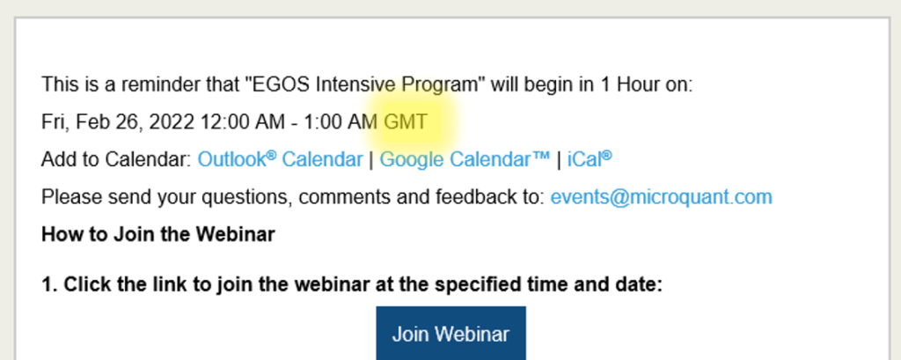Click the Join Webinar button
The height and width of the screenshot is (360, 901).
tap(450, 334)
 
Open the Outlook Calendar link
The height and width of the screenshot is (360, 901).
tap(280, 159)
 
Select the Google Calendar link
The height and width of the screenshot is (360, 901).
tap(465, 159)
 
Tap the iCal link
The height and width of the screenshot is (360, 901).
tap(590, 159)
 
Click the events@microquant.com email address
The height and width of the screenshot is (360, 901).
tap(662, 197)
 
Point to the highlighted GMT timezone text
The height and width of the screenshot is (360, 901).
tap(406, 122)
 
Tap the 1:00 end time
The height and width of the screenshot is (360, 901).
tap(324, 122)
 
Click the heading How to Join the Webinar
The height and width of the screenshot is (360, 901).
tap(158, 235)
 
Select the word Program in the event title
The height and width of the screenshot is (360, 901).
tap(439, 85)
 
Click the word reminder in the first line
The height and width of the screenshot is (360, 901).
tap(158, 84)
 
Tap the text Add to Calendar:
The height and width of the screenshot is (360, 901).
tap(116, 159)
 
